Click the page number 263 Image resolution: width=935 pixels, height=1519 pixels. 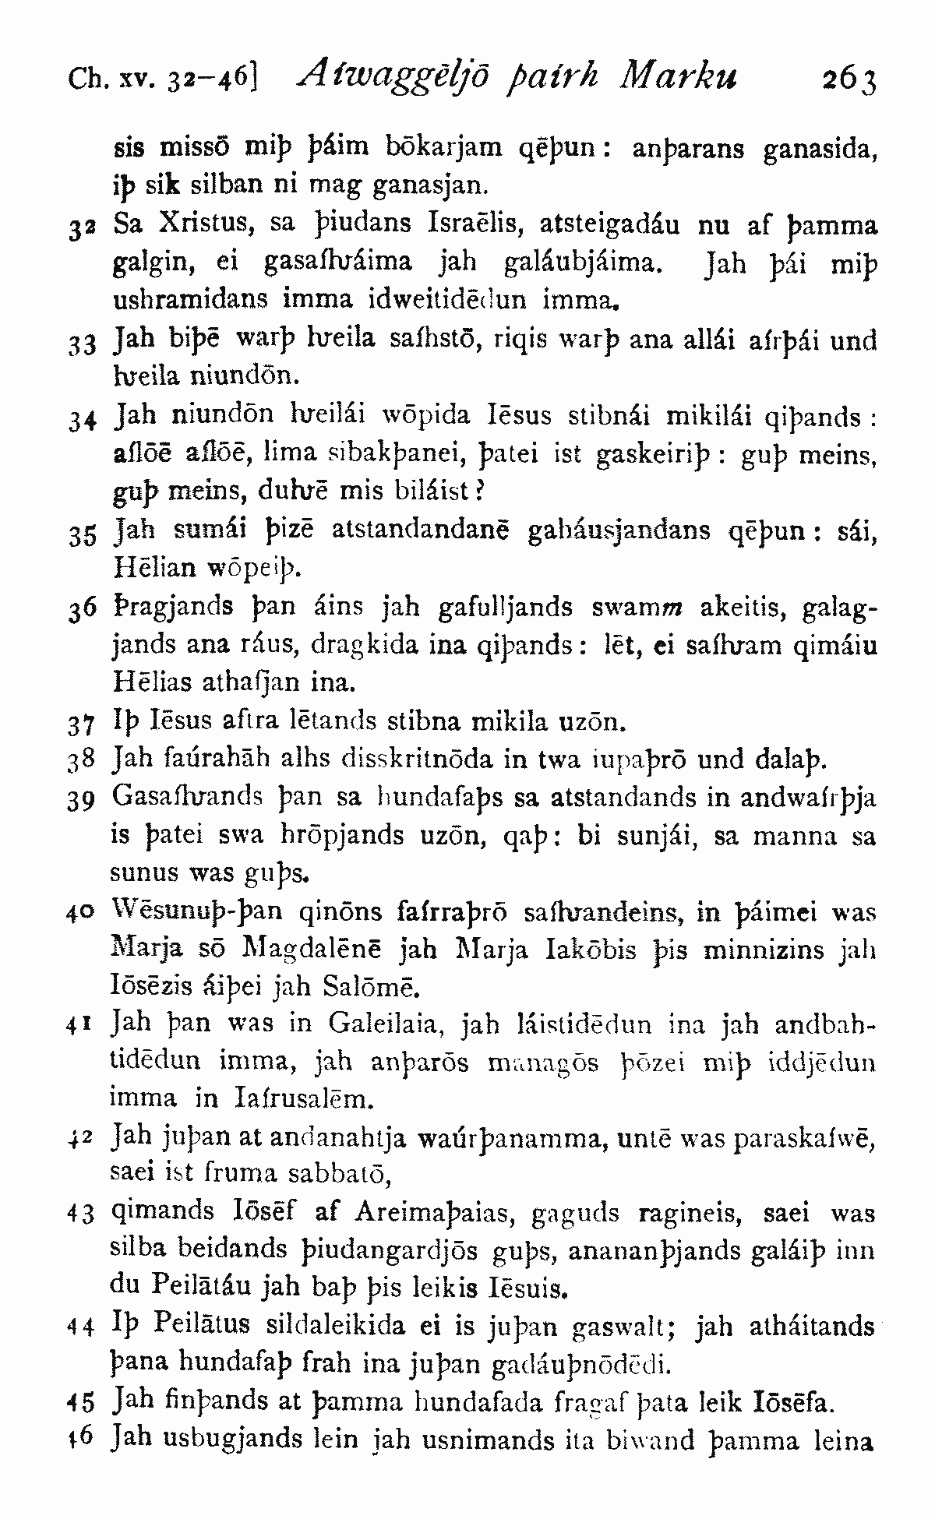coord(849,79)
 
